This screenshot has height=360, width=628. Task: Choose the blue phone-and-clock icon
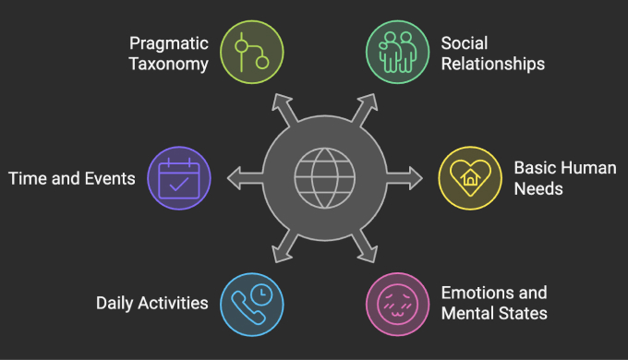click(252, 302)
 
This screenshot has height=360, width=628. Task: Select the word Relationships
click(492, 65)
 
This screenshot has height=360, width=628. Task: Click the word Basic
click(534, 169)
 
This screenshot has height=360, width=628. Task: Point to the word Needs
click(537, 190)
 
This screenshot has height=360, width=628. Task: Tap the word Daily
click(116, 303)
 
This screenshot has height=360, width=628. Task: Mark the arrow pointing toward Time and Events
click(233, 174)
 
